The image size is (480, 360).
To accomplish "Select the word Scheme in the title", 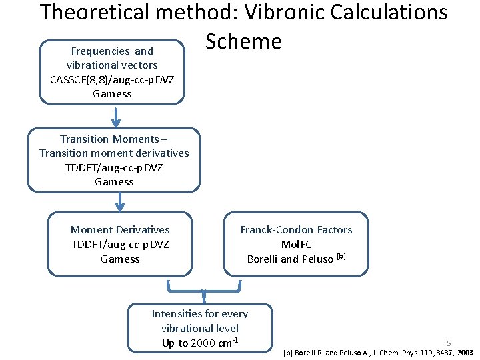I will [x=243, y=41].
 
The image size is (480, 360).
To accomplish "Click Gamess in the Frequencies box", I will [x=112, y=94].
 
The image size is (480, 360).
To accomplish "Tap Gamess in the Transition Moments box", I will [x=114, y=182].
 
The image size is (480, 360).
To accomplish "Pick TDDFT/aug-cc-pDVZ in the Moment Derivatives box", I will [x=120, y=244].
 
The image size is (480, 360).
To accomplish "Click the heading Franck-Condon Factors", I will [x=296, y=230].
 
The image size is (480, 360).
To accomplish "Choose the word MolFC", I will [x=296, y=245].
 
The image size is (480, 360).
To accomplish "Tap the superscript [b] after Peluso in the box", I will [x=341, y=257].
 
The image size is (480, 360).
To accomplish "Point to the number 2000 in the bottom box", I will [x=203, y=343].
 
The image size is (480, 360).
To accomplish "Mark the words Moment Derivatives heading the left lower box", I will [x=120, y=230].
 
